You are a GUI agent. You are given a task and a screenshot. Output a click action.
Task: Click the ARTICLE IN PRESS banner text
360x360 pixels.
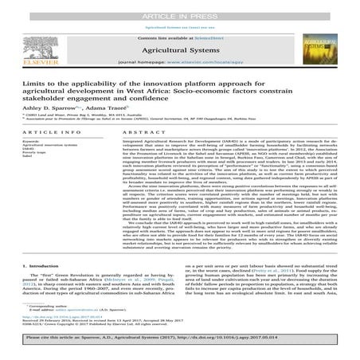tap(180, 6)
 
